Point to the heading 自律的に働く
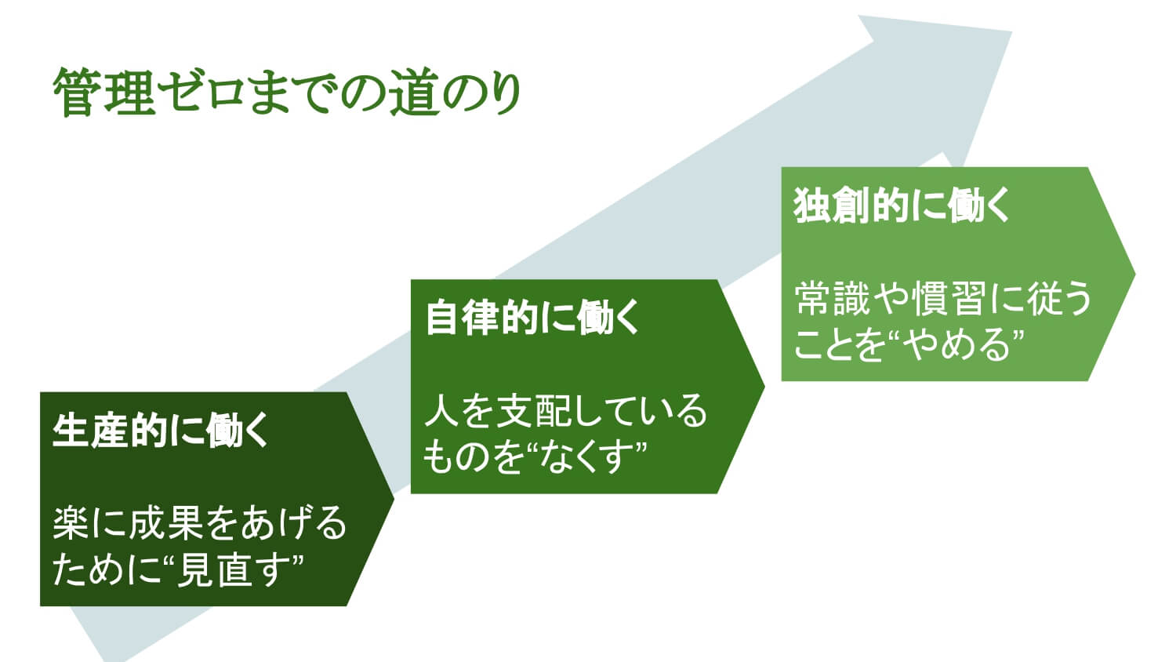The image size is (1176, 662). (x=532, y=317)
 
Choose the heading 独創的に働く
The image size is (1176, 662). (x=902, y=205)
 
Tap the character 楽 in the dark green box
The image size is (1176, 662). (x=71, y=523)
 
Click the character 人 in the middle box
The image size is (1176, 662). (x=441, y=411)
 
